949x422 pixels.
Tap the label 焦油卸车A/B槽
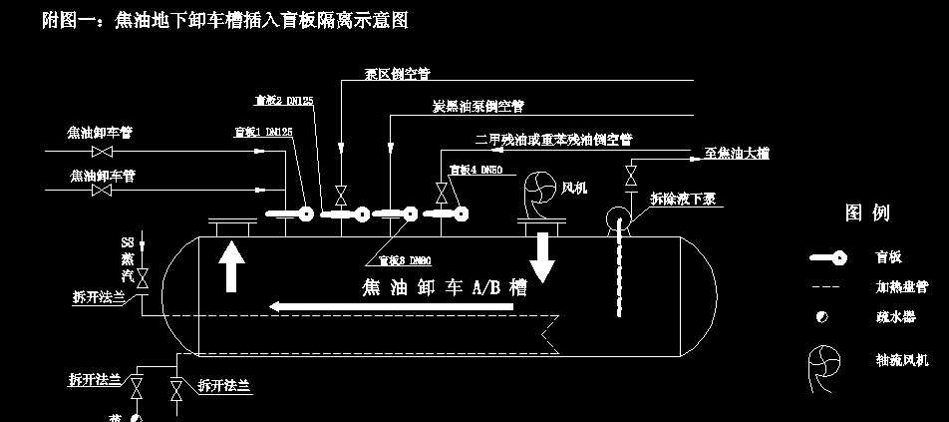pyautogui.click(x=444, y=287)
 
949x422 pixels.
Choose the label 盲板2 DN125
pyautogui.click(x=284, y=100)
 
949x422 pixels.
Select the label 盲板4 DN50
pyautogui.click(x=474, y=171)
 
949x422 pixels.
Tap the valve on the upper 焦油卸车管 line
pyautogui.click(x=101, y=152)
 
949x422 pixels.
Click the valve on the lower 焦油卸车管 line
pyautogui.click(x=101, y=190)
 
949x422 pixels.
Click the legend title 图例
pyautogui.click(x=867, y=212)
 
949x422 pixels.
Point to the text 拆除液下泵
pyautogui.click(x=684, y=198)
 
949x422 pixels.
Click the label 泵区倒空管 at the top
pyautogui.click(x=398, y=75)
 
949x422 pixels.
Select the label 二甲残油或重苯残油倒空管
pyautogui.click(x=554, y=140)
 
